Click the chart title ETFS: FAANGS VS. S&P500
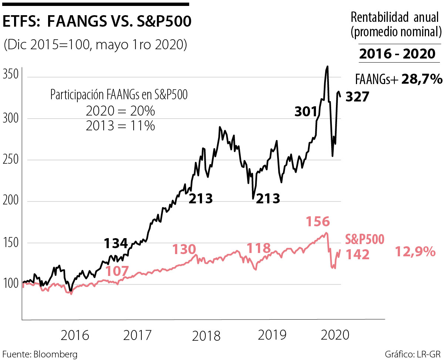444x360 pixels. [97, 22]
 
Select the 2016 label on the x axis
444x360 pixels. [75, 336]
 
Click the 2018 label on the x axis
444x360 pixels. [206, 336]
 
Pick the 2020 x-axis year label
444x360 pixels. [335, 335]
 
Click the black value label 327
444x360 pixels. [357, 97]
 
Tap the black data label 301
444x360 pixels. [306, 112]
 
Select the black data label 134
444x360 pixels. [116, 243]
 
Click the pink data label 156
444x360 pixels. [318, 222]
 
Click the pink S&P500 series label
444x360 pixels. [365, 239]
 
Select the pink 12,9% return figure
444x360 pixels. [415, 252]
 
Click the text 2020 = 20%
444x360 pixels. [120, 111]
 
